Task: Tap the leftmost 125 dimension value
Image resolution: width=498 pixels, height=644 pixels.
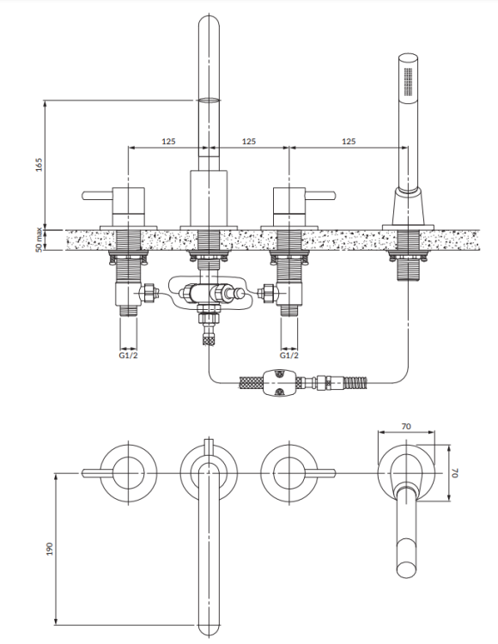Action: (x=168, y=140)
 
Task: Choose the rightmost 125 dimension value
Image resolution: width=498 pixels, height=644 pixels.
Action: (x=348, y=140)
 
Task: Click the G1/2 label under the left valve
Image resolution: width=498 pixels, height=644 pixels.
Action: (x=127, y=354)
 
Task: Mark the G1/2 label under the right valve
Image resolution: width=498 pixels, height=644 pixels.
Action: (x=289, y=354)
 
